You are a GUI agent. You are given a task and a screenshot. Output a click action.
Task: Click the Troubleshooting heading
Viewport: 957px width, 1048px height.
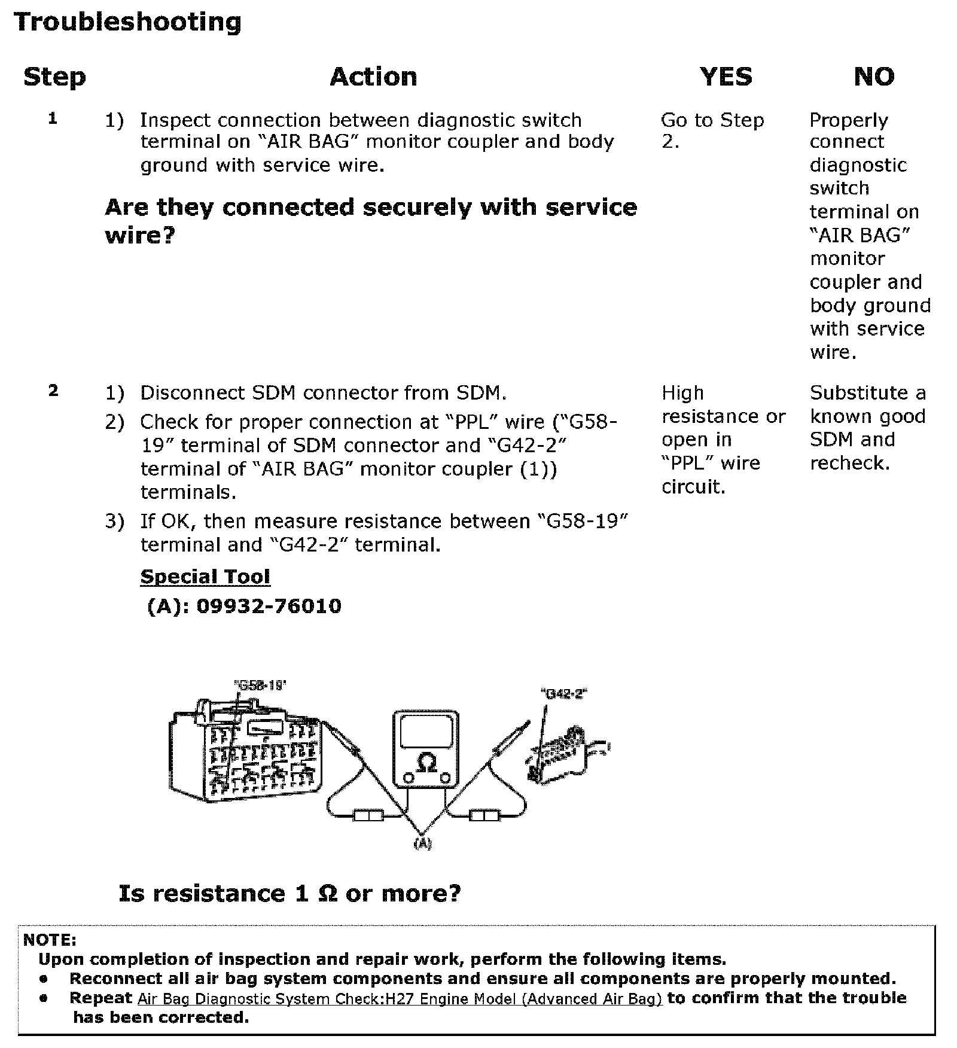(127, 23)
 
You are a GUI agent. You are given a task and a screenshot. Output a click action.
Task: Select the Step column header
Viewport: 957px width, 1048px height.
(54, 77)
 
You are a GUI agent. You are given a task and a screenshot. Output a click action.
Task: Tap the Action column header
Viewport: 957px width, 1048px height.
(373, 77)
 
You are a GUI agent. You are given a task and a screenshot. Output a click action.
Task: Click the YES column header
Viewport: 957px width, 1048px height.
(726, 77)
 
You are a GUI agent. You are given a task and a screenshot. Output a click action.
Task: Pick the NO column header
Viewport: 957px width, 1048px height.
(874, 77)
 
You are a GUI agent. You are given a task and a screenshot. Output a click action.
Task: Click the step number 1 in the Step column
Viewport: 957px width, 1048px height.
(53, 118)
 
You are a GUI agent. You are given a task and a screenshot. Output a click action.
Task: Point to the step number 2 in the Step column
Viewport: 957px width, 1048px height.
(53, 391)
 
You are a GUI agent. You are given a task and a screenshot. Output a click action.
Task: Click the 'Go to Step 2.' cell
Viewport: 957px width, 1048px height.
(712, 130)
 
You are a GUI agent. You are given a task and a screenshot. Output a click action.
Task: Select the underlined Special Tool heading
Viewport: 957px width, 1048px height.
(205, 577)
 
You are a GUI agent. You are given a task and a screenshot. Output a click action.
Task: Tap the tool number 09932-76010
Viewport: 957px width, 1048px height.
(269, 606)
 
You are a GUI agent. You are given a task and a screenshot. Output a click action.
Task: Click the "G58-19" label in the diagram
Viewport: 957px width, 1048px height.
(260, 686)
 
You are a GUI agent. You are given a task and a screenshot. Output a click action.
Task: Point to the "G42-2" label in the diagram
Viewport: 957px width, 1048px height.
(563, 694)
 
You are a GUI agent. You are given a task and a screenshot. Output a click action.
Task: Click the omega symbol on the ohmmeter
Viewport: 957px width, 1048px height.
(426, 761)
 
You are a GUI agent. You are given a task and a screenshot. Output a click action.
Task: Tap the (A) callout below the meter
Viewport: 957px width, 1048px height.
(422, 843)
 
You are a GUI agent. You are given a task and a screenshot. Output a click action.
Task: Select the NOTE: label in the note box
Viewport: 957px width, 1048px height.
(50, 940)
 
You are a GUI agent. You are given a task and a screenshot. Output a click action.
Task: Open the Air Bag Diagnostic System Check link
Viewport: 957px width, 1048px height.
(400, 998)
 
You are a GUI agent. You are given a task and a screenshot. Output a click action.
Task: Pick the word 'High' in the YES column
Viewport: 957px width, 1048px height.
(682, 393)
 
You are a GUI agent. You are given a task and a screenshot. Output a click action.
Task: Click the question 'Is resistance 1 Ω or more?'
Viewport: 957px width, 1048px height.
(290, 894)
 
